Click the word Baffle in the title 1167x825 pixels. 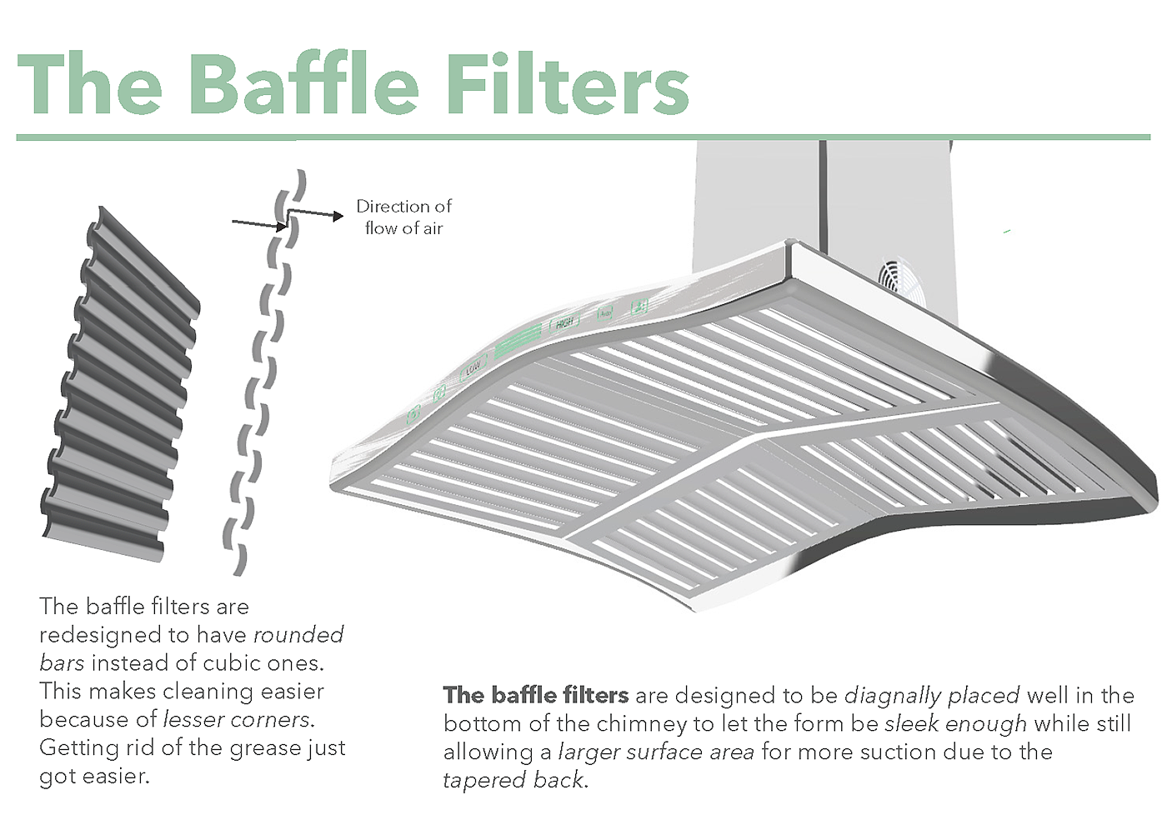click(304, 84)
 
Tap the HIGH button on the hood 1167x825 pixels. click(565, 322)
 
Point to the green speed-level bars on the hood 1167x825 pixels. click(518, 342)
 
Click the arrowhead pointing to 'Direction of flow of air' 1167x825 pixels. click(338, 216)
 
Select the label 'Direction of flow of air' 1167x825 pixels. click(403, 217)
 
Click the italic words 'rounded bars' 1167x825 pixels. click(192, 648)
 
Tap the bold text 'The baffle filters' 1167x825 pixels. click(535, 695)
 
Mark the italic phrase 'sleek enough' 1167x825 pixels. click(955, 723)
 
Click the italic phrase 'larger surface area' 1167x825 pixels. click(656, 752)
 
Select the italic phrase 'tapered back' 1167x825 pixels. click(513, 780)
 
